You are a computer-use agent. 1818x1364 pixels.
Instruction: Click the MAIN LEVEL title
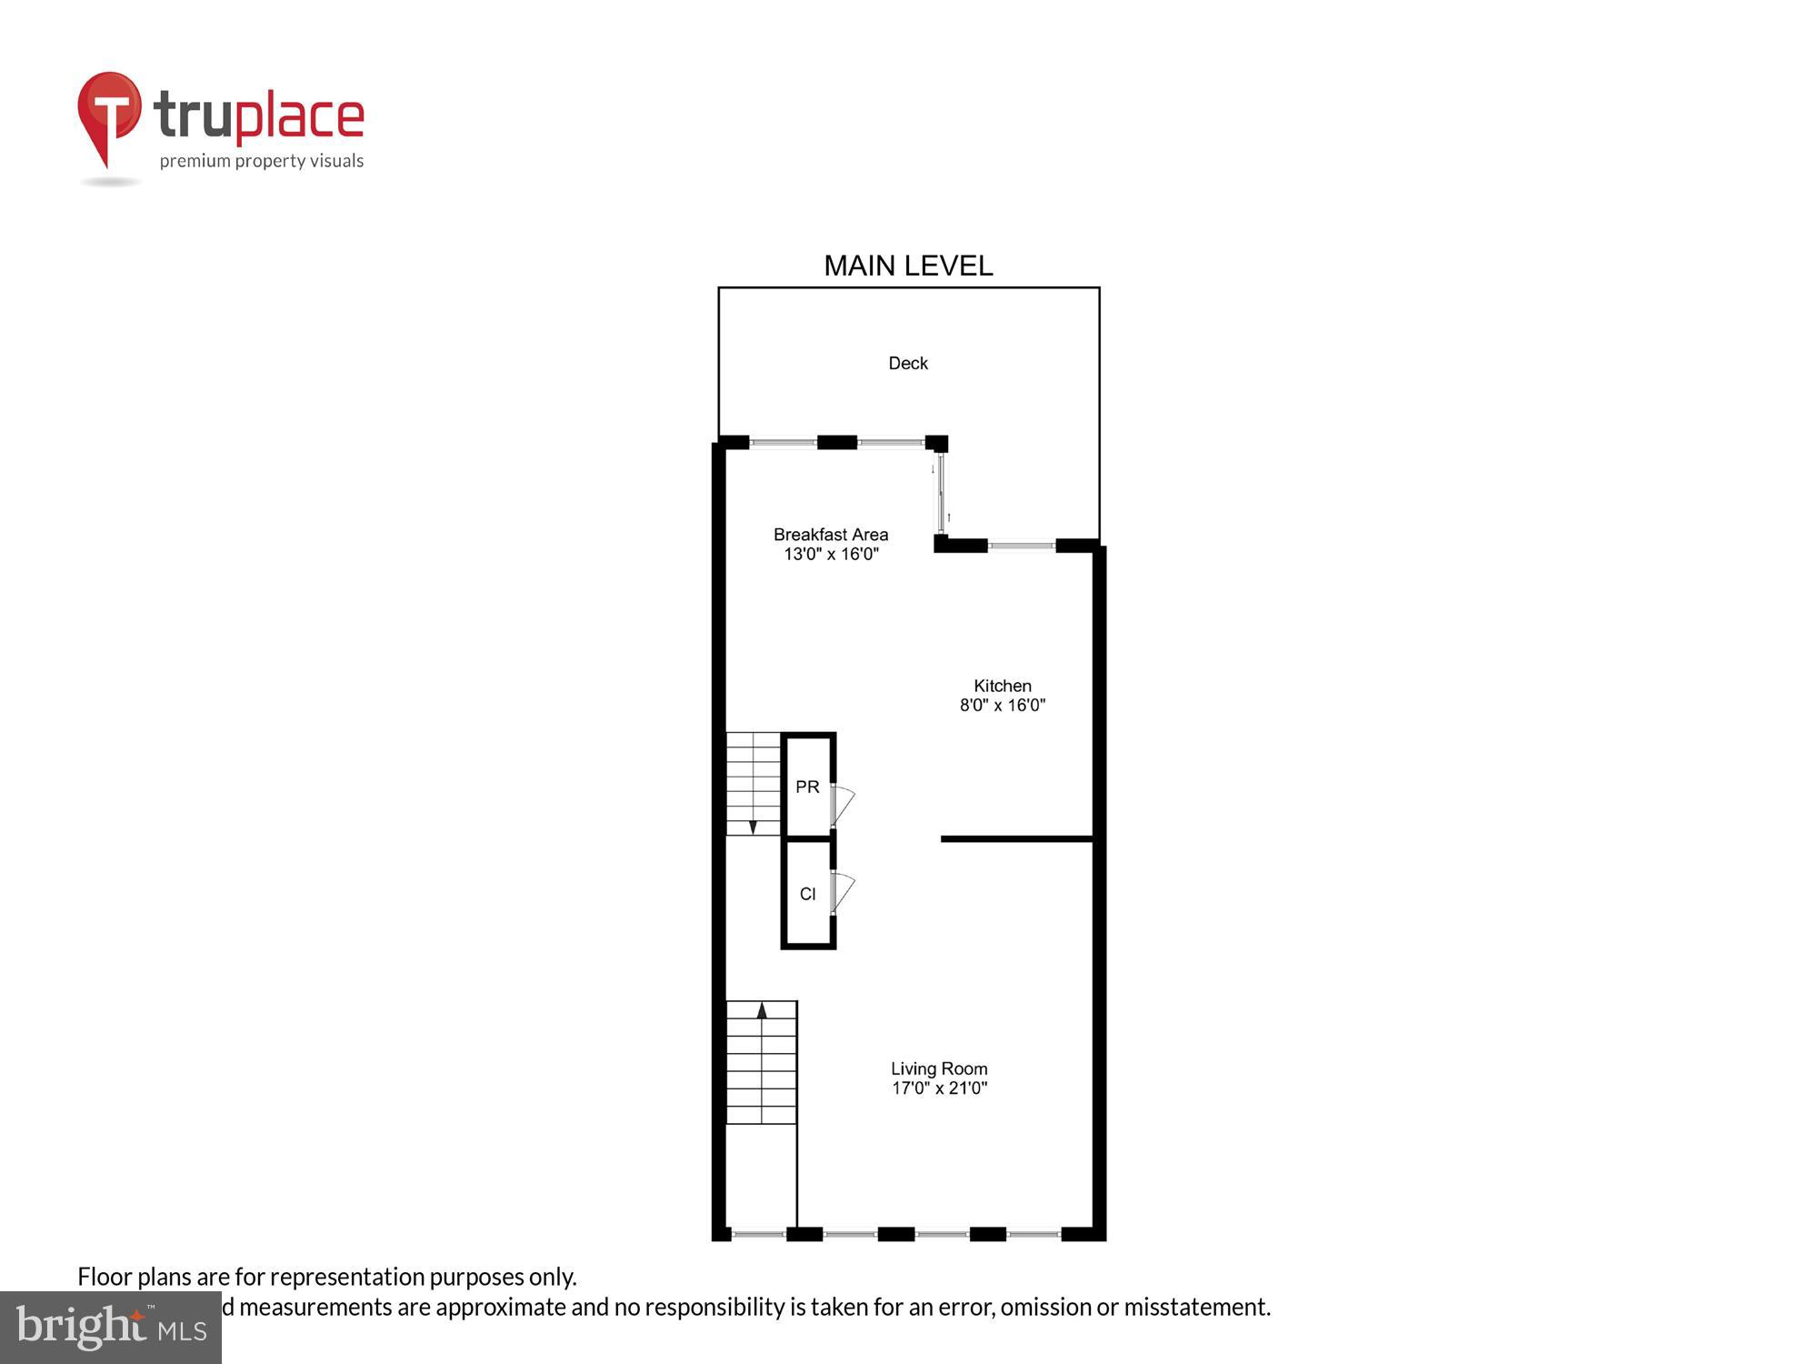point(908,266)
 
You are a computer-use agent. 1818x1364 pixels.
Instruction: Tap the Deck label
point(908,363)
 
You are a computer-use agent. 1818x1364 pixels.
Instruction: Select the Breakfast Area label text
point(831,535)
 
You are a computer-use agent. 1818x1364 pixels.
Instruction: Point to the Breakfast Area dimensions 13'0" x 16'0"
point(831,554)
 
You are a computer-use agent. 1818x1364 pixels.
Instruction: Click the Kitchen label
point(1003,686)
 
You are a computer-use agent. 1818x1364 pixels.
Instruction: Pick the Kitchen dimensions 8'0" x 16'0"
point(1003,705)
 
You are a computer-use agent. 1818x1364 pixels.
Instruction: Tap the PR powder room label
point(807,787)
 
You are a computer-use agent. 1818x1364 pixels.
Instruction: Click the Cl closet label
point(807,894)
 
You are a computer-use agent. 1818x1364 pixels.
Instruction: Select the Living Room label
point(939,1068)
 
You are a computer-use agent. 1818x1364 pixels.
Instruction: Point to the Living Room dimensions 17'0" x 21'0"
point(939,1088)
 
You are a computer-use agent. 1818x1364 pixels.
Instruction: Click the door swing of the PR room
point(843,804)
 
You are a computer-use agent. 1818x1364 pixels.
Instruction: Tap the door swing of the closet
point(843,890)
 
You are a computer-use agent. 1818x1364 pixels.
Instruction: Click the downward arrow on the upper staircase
point(753,827)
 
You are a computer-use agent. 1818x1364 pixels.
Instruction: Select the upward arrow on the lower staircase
point(762,1009)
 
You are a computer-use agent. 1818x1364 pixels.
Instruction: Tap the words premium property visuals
point(262,161)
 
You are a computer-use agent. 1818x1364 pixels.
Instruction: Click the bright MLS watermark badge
point(111,1328)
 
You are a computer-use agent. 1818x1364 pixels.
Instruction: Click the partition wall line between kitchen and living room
point(1016,838)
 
